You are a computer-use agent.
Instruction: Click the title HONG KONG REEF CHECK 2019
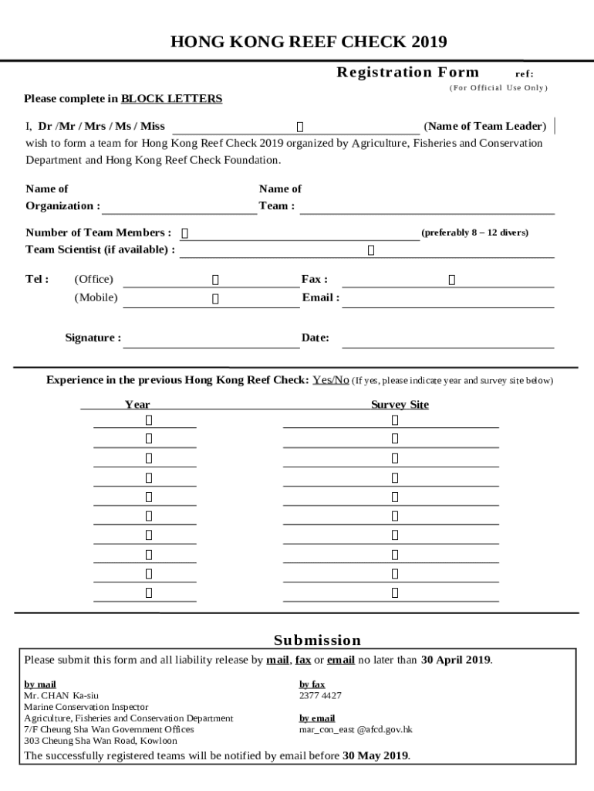coord(308,42)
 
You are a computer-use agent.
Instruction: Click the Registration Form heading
coord(407,73)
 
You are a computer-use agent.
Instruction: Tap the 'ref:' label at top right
coord(524,74)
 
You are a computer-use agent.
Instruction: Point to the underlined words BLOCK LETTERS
coord(171,99)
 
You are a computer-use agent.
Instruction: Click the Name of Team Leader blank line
coord(295,127)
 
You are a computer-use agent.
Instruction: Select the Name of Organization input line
coord(179,206)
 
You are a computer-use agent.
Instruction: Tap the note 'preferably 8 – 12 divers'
coord(474,233)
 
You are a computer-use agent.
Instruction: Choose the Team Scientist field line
coord(367,250)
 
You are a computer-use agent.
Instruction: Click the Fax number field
coord(447,280)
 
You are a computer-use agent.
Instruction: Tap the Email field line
coord(447,299)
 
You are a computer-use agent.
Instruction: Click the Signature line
coord(211,339)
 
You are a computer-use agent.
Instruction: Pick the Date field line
coord(447,339)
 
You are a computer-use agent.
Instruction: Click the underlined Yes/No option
coord(331,380)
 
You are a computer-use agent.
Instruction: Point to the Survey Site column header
coord(400,405)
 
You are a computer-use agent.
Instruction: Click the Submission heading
coord(317,640)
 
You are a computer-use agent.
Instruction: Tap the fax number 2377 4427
coord(320,695)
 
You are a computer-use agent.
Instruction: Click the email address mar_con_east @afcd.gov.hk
coord(356,729)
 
